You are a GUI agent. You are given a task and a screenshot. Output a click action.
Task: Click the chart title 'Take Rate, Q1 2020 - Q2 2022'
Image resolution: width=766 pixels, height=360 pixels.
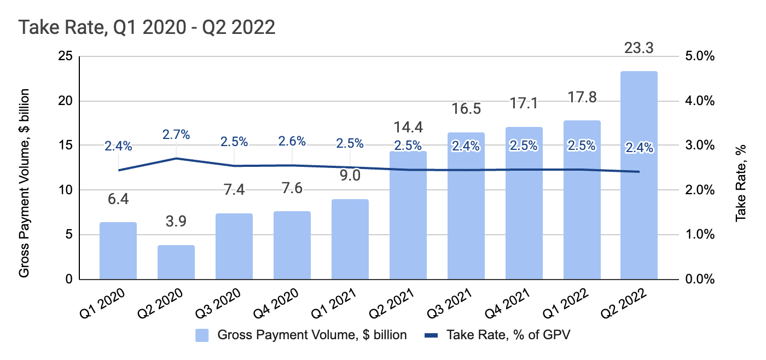point(147,27)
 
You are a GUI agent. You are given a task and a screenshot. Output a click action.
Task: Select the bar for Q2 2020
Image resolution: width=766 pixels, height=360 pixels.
point(176,262)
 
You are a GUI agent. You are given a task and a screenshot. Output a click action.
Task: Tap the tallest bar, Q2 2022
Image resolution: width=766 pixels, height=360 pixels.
point(639,175)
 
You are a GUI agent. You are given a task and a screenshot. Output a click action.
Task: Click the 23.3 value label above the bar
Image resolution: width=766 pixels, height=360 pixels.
point(639,48)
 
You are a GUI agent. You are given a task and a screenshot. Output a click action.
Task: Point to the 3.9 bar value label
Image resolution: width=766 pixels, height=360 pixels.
point(176,222)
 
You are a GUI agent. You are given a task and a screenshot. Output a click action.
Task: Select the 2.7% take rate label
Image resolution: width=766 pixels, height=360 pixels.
point(176,135)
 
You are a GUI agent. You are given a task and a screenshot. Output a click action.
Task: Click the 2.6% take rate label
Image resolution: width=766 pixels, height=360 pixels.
point(292,141)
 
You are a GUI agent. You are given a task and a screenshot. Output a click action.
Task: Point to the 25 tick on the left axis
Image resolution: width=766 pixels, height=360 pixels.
point(66,57)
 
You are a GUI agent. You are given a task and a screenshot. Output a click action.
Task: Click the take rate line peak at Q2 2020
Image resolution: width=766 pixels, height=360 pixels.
point(176,158)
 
